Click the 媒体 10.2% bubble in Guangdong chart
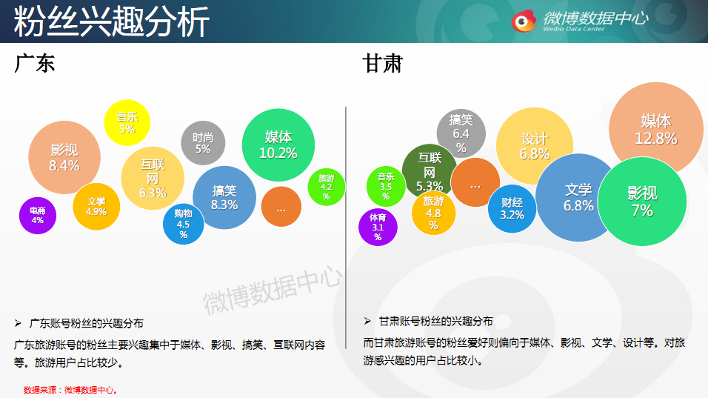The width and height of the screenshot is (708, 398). click(278, 145)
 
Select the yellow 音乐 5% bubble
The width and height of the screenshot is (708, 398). click(127, 122)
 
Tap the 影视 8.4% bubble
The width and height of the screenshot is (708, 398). click(64, 157)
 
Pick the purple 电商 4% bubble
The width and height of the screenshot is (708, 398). click(38, 216)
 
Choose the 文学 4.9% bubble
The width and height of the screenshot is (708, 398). click(96, 207)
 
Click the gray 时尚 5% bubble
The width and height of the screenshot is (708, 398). click(203, 143)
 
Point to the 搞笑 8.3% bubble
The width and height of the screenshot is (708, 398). click(224, 197)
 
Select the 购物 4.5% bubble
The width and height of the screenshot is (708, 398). click(184, 224)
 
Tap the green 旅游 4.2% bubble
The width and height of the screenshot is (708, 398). click(327, 187)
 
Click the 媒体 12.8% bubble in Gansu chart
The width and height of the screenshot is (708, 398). click(656, 129)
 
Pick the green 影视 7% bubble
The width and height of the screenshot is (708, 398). click(641, 202)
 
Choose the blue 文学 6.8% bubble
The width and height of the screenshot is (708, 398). click(578, 197)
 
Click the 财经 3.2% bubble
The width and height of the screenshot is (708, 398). click(512, 209)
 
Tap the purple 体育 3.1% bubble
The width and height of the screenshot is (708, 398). click(378, 227)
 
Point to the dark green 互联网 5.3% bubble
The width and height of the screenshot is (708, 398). click(429, 170)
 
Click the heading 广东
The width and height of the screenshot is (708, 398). click(34, 63)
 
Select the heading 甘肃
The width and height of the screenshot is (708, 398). click(382, 63)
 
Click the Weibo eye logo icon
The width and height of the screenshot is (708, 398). click(524, 21)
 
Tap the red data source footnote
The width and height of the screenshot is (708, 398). click(70, 390)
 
